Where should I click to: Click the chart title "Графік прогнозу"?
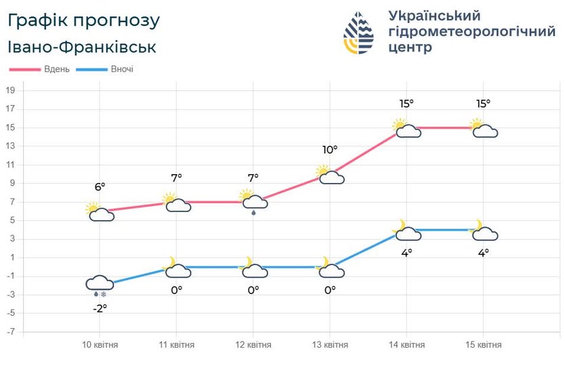pos(84,21)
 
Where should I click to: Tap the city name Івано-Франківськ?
pos(82,47)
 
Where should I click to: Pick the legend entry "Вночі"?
pos(121,69)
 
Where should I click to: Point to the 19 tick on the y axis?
pos(11,90)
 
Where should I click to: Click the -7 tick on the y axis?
pos(11,332)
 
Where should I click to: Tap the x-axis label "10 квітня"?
pos(100,345)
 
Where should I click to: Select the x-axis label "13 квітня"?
pos(330,345)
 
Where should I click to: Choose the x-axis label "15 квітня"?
pos(484,345)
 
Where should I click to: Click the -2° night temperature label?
pos(100,307)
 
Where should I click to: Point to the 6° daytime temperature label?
pos(100,186)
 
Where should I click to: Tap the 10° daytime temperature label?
pos(329,150)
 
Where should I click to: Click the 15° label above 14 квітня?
pos(406,104)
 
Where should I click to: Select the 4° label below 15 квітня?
pos(483,253)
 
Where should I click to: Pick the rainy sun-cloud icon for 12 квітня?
pos(253,201)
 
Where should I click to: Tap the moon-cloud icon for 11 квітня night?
pos(177,268)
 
